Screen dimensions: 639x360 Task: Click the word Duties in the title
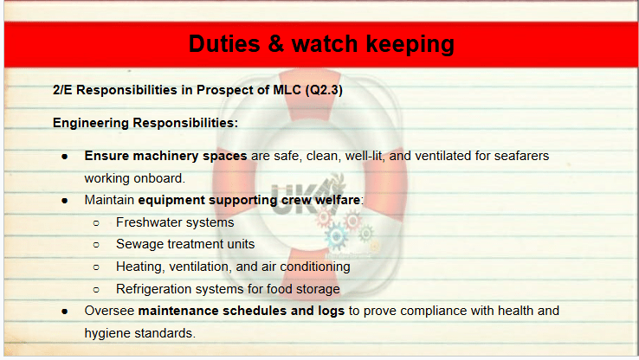224,43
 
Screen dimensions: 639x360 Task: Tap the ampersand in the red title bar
276,43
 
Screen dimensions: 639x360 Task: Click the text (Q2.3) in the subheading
324,90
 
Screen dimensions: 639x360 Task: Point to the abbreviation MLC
287,90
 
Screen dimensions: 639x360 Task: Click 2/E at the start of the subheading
62,90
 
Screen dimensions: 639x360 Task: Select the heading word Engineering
90,123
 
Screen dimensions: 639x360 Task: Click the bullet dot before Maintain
65,201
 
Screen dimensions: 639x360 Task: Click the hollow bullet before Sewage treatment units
96,245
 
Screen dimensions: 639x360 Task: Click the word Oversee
109,311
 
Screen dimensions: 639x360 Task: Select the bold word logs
331,312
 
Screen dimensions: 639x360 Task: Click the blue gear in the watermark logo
337,236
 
